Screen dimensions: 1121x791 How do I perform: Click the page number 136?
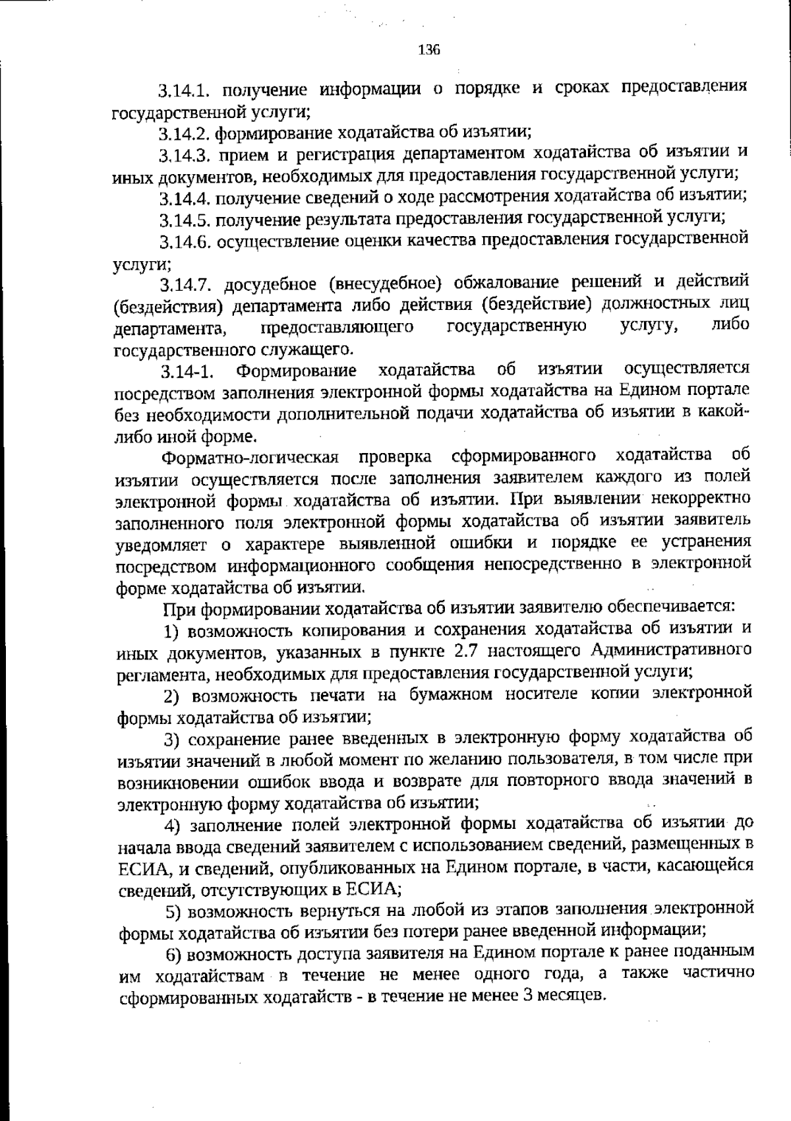pyautogui.click(x=428, y=50)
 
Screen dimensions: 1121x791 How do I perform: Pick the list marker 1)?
pyautogui.click(x=172, y=631)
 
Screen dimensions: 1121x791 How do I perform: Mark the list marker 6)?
pyautogui.click(x=173, y=954)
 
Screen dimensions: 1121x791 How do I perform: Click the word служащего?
pyautogui.click(x=303, y=348)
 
